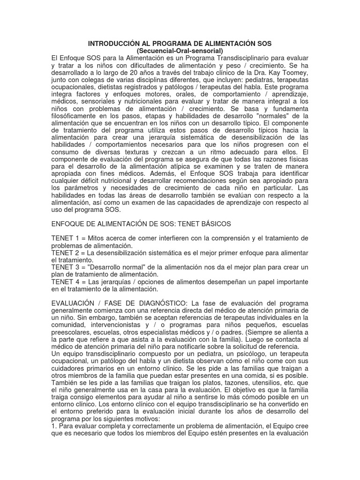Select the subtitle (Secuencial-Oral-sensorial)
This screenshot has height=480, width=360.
180,51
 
